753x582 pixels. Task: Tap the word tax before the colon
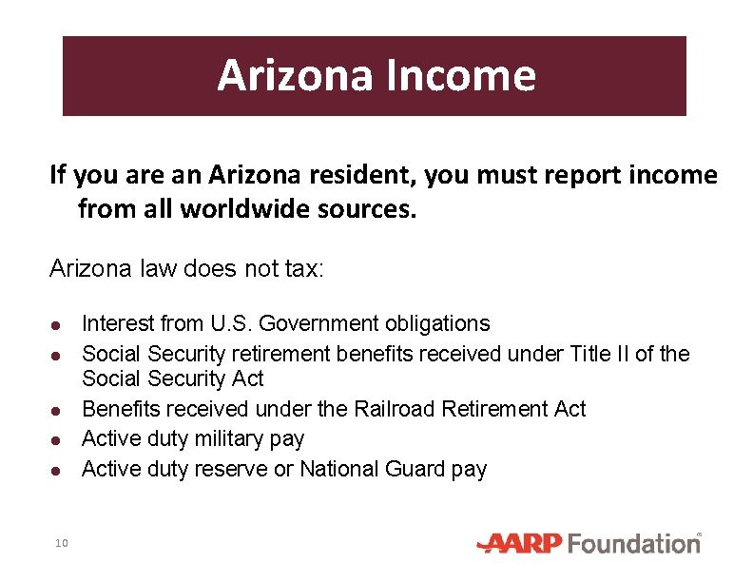coord(303,270)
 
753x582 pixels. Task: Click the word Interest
coord(119,324)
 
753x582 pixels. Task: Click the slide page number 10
coord(60,543)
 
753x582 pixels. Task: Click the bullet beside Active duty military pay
coord(57,440)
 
